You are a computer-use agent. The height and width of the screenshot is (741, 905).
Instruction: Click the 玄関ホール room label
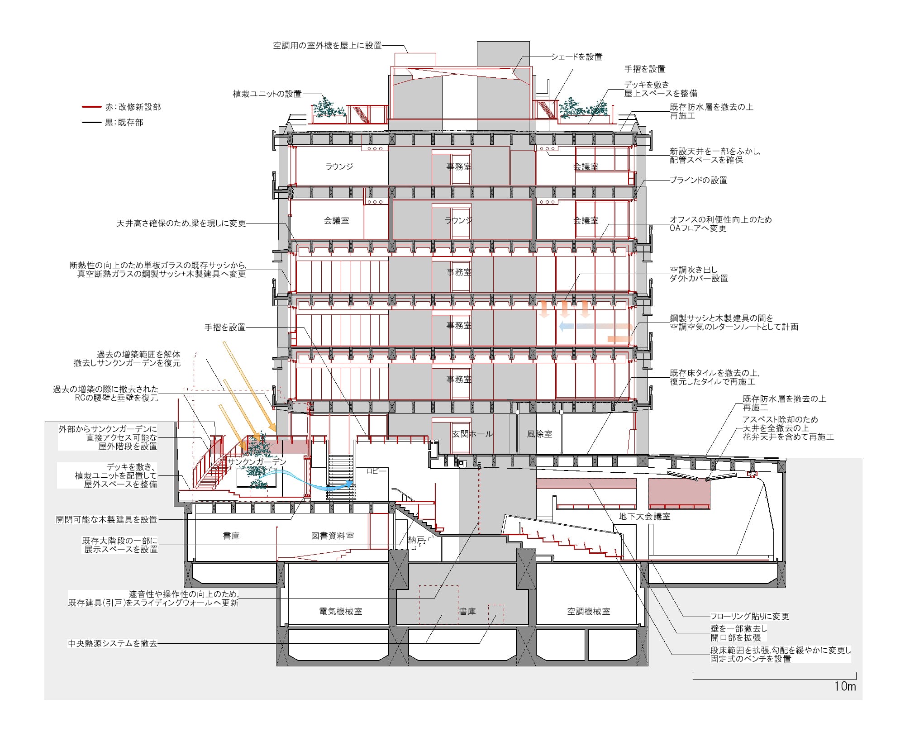[473, 434]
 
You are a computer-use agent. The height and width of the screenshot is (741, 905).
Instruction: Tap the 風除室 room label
[540, 434]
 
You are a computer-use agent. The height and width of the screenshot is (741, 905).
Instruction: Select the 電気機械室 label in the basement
[341, 611]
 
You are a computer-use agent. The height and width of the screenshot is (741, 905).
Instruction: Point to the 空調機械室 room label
[589, 611]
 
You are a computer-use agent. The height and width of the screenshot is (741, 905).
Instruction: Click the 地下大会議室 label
[645, 516]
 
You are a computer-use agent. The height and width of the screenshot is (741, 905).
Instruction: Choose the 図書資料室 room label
[333, 536]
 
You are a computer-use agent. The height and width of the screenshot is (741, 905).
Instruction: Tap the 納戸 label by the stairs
[416, 539]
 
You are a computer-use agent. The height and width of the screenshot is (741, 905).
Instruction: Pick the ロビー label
[376, 471]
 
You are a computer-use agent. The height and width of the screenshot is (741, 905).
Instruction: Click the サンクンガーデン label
[257, 462]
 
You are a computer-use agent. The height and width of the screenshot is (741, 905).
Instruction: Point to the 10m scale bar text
[845, 686]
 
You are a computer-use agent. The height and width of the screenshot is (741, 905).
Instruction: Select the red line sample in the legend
[91, 107]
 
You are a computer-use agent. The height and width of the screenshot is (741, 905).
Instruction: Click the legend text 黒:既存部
[124, 122]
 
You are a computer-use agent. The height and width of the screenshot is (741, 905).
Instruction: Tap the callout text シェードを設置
[577, 57]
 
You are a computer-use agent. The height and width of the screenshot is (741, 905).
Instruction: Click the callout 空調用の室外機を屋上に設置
[328, 45]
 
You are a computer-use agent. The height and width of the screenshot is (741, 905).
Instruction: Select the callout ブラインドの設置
[699, 180]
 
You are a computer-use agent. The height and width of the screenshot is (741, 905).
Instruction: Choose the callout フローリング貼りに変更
[750, 616]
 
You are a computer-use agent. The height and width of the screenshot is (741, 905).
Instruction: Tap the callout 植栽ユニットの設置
[267, 94]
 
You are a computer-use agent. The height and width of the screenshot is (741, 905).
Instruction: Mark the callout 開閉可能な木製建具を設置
[107, 519]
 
